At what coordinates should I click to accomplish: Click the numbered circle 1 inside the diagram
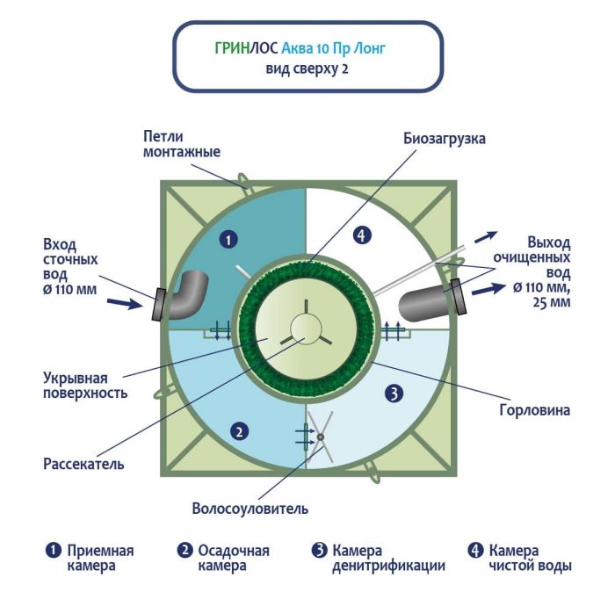click(228, 238)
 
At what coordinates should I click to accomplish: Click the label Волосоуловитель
click(250, 508)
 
